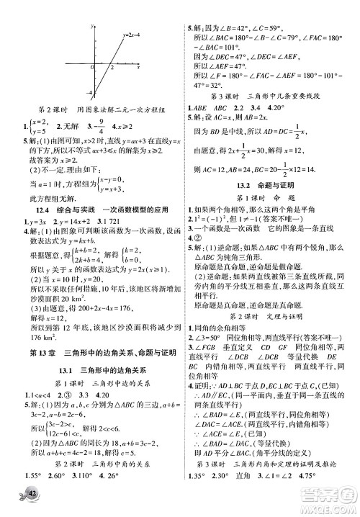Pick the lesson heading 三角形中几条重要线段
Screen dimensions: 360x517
tap(283, 96)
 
